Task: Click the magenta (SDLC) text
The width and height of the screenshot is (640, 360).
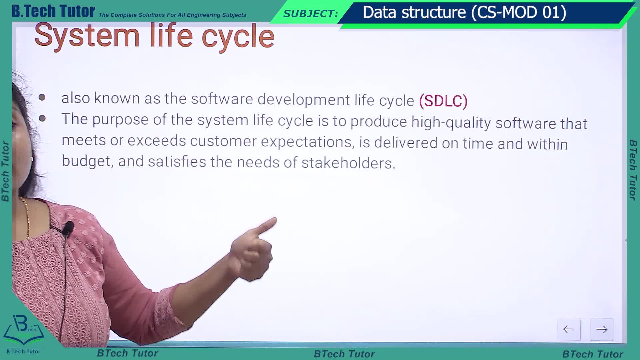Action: (x=443, y=101)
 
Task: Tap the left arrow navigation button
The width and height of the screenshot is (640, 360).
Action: (x=569, y=329)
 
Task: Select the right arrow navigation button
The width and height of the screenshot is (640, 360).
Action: (x=602, y=330)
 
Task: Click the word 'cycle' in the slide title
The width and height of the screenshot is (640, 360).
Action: (x=238, y=37)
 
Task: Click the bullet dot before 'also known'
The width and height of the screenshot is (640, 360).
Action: (x=42, y=97)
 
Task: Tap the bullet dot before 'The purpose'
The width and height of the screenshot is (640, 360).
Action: (x=42, y=118)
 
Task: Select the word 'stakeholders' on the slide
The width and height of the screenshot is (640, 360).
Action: (x=348, y=163)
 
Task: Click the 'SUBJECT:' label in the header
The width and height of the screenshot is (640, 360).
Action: (x=311, y=14)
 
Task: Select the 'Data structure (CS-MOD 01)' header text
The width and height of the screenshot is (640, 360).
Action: (x=464, y=13)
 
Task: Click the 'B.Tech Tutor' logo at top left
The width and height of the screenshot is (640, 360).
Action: (x=53, y=11)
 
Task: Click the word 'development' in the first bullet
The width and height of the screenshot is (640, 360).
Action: (x=304, y=100)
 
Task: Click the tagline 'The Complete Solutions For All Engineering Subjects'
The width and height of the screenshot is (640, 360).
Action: (x=172, y=15)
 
